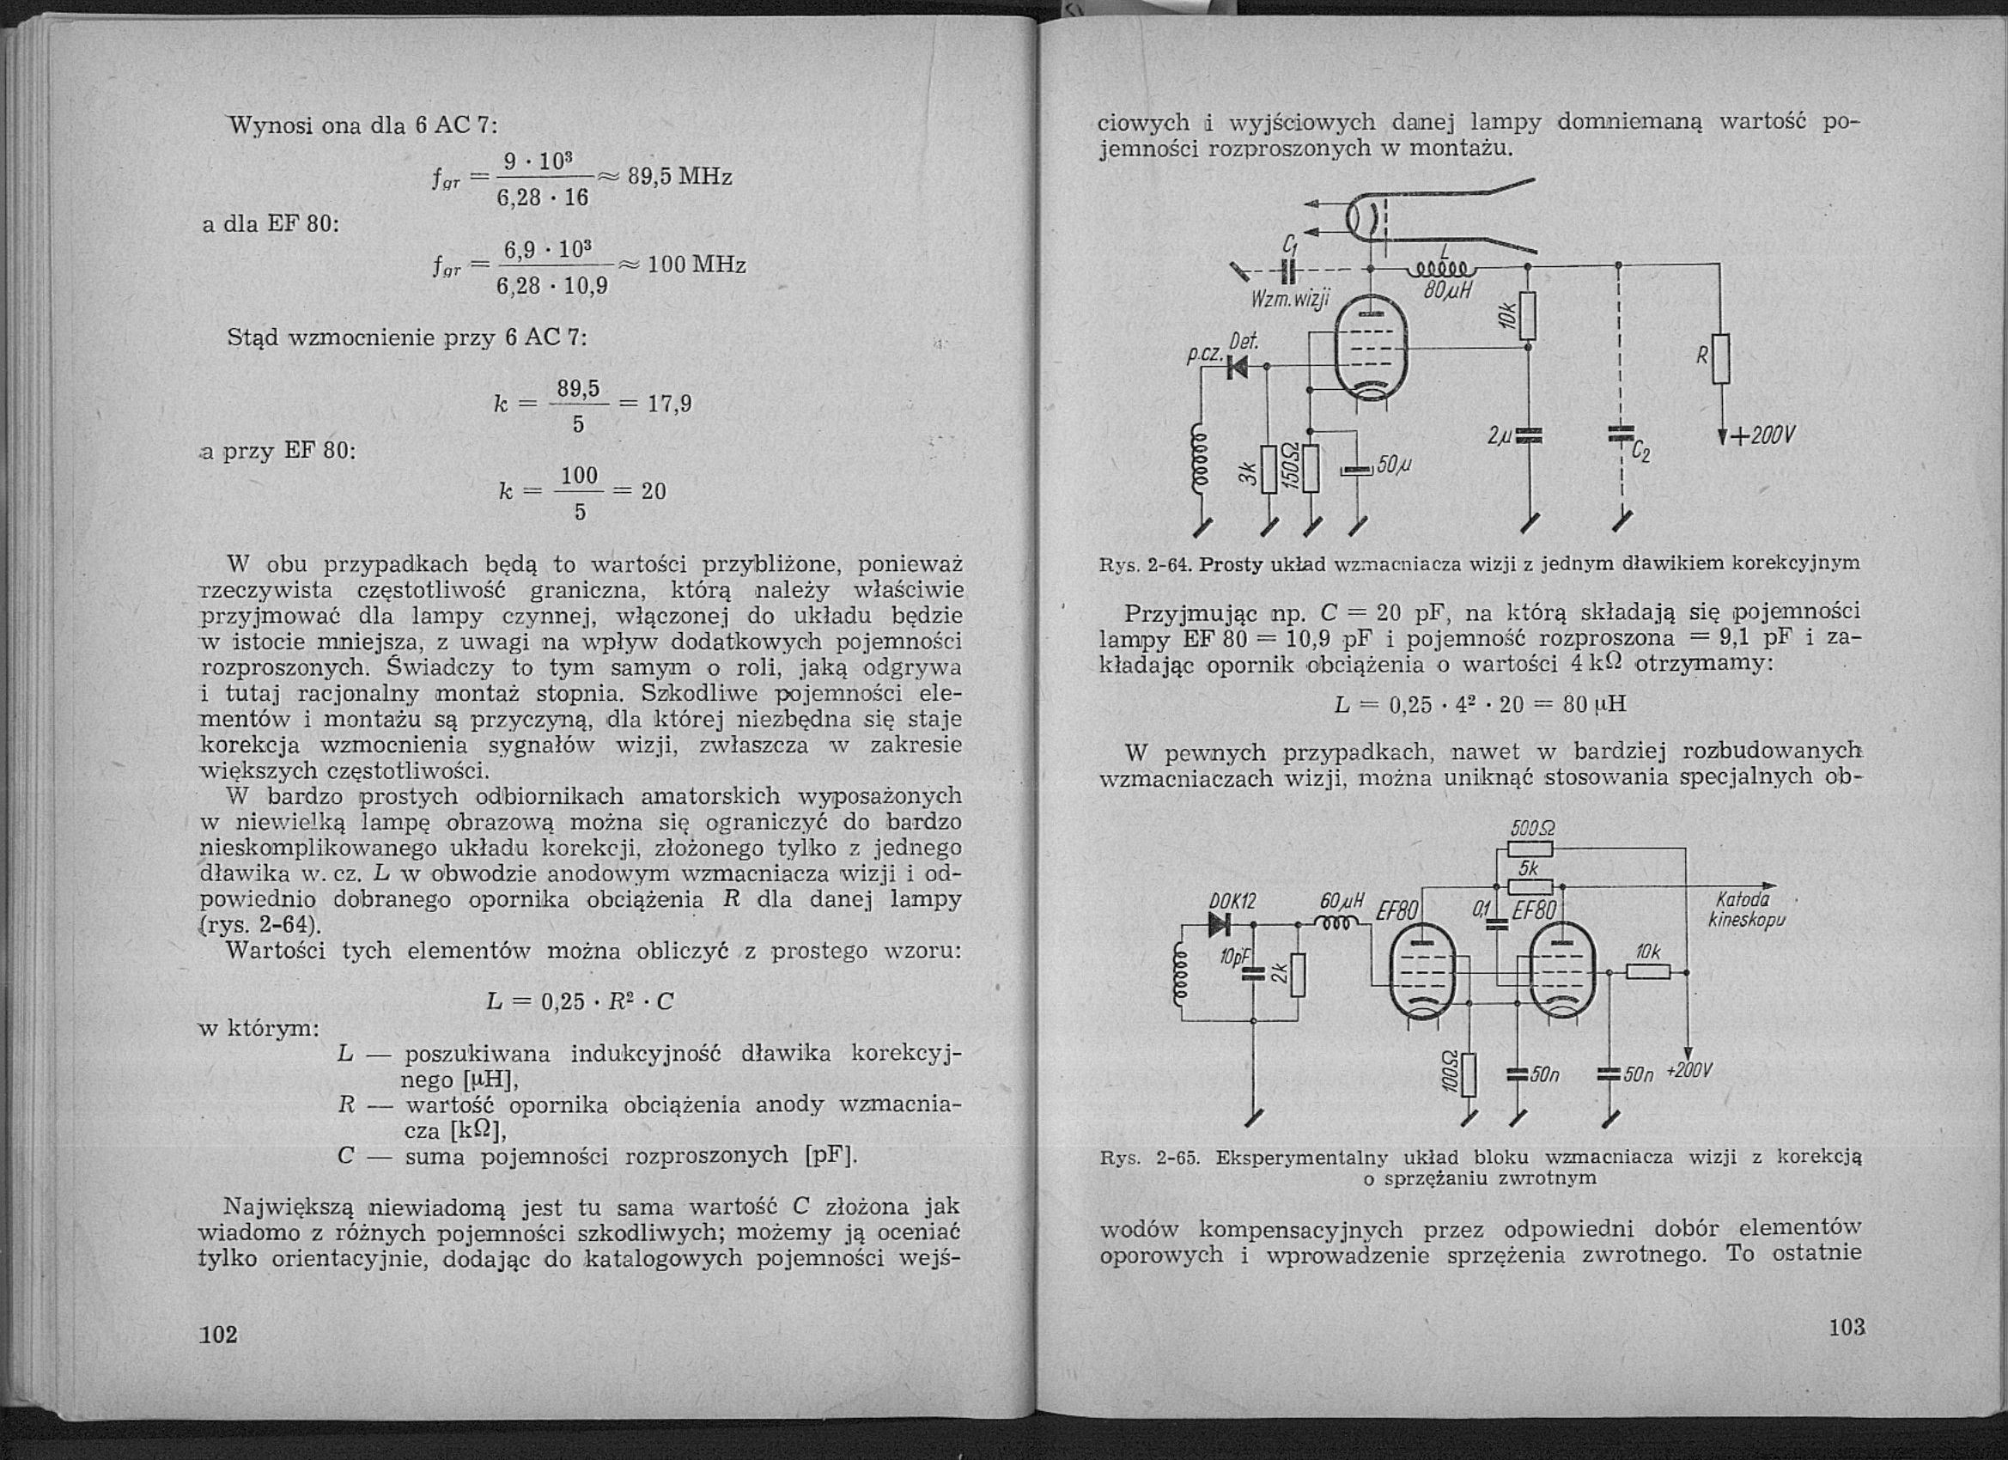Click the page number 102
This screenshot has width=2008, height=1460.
coord(219,1335)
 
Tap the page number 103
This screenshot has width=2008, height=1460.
coord(1846,1327)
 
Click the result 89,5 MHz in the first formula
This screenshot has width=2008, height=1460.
coord(680,177)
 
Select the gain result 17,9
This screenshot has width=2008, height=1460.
coord(669,405)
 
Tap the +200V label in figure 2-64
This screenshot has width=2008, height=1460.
coord(1761,435)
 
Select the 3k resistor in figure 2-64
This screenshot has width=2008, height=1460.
coord(1268,467)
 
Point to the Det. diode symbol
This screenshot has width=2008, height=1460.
coord(1236,366)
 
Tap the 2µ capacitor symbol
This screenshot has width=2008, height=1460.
coord(1528,435)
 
